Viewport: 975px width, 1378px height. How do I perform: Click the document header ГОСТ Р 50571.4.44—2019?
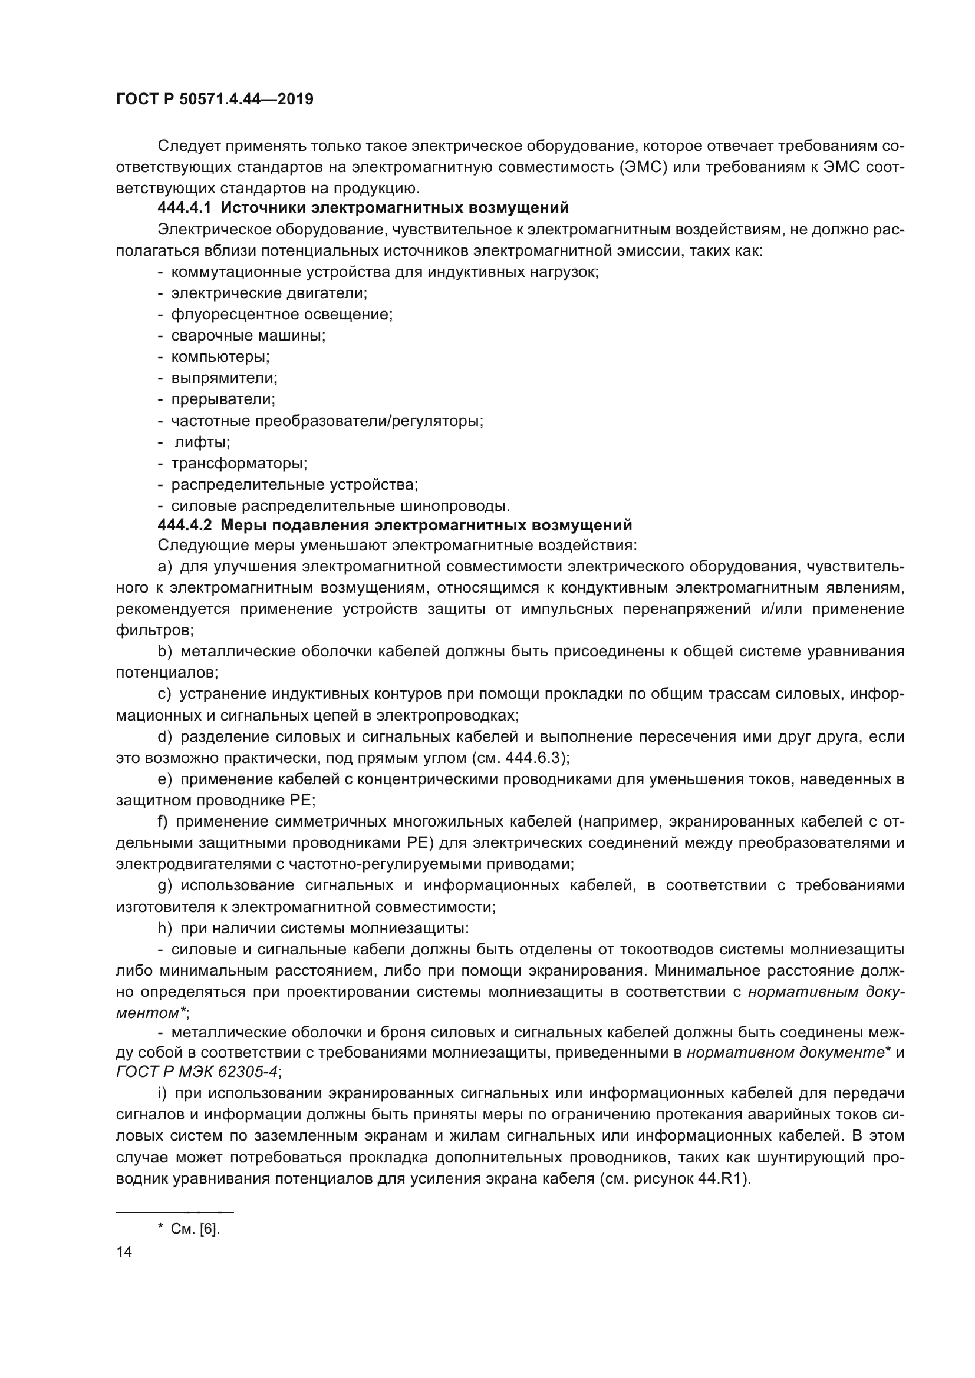[x=215, y=99]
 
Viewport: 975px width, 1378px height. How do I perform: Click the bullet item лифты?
[x=202, y=442]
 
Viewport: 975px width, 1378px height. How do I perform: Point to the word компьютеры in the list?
[x=220, y=357]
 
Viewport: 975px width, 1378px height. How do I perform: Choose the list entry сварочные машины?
[x=248, y=335]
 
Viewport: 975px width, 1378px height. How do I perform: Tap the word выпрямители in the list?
[x=224, y=378]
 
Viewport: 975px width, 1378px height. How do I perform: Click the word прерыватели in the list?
[x=223, y=399]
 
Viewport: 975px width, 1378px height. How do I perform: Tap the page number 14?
[x=124, y=1251]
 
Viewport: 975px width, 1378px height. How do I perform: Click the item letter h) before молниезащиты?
[x=164, y=928]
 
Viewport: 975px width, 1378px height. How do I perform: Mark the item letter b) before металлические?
[x=164, y=652]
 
